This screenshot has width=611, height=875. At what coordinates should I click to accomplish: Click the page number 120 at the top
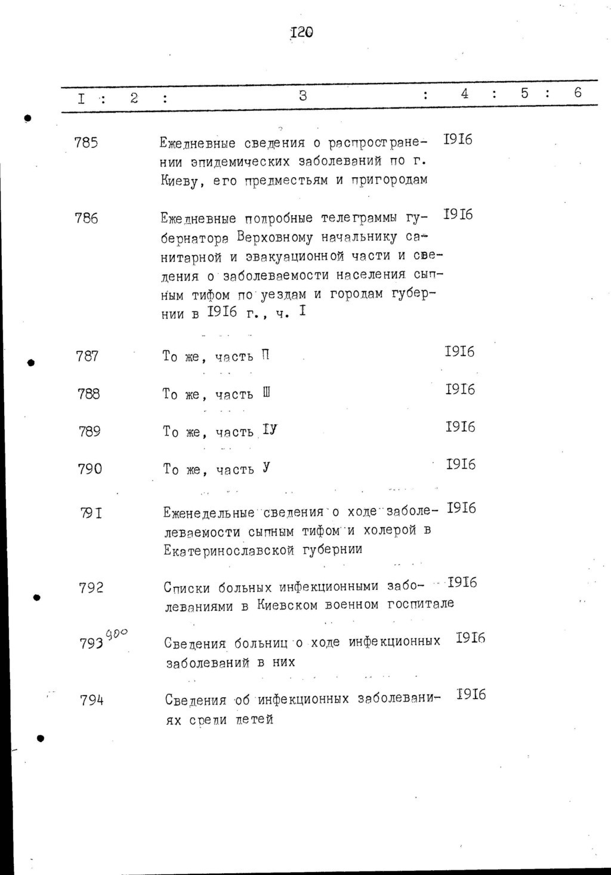pyautogui.click(x=302, y=32)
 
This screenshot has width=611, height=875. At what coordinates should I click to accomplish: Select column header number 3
pyautogui.click(x=303, y=95)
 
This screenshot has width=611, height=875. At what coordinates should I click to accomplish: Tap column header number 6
pyautogui.click(x=578, y=92)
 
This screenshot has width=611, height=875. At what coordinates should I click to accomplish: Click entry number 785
pyautogui.click(x=87, y=143)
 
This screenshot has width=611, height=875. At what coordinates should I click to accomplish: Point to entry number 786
pyautogui.click(x=87, y=218)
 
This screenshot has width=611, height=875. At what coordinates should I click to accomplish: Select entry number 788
pyautogui.click(x=89, y=394)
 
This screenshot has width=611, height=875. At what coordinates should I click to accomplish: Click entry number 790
pyautogui.click(x=90, y=469)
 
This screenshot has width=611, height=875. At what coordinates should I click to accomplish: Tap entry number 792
pyautogui.click(x=91, y=588)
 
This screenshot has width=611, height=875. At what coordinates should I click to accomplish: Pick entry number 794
pyautogui.click(x=92, y=700)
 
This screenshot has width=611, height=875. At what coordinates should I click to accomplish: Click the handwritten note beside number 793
pyautogui.click(x=117, y=633)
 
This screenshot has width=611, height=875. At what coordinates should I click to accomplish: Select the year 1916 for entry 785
pyautogui.click(x=458, y=140)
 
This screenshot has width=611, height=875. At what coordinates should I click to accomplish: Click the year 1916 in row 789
pyautogui.click(x=460, y=427)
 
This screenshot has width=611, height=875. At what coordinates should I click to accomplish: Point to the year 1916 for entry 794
pyautogui.click(x=471, y=694)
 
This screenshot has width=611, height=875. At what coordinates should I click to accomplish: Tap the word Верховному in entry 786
pyautogui.click(x=274, y=237)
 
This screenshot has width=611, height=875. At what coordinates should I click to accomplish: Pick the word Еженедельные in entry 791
pyautogui.click(x=209, y=513)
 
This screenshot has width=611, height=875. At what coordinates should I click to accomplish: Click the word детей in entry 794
pyautogui.click(x=254, y=720)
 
